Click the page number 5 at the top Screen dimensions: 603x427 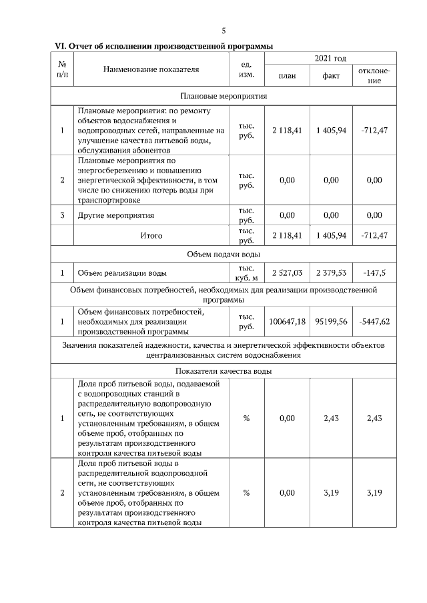(x=224, y=31)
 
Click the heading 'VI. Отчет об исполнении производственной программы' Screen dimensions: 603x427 (x=163, y=46)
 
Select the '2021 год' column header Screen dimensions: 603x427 (x=330, y=59)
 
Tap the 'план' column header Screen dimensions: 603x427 (x=287, y=76)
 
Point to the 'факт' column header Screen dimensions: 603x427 (x=331, y=76)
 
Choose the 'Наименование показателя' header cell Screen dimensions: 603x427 (x=151, y=69)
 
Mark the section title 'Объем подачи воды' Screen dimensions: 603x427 (x=224, y=254)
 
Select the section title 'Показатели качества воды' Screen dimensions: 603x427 (x=224, y=371)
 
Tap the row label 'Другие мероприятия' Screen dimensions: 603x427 (x=116, y=215)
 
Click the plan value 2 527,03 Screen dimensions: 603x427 (x=287, y=273)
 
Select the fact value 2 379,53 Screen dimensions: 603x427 (x=331, y=273)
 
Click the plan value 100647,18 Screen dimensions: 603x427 (x=287, y=321)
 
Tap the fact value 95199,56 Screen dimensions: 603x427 (x=331, y=321)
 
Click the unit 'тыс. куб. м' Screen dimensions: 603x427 (x=246, y=273)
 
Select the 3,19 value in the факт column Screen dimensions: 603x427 (x=331, y=493)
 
